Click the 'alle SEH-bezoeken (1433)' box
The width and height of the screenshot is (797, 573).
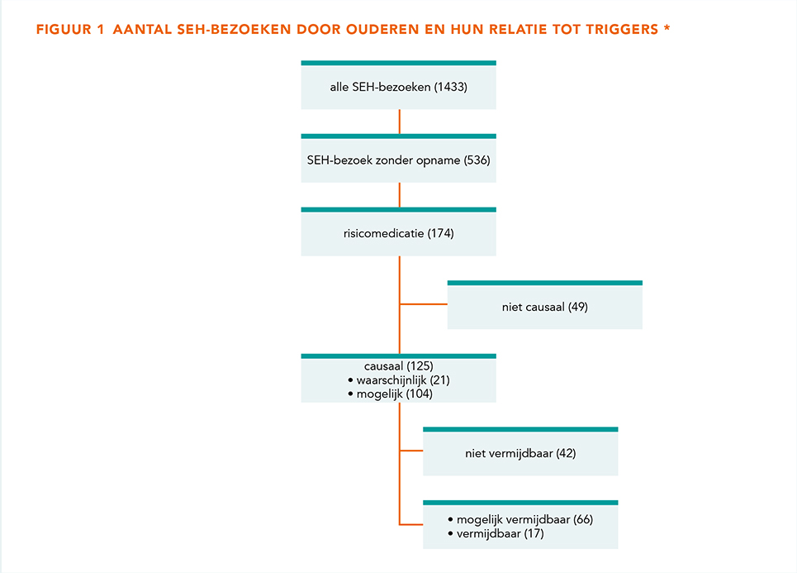[398, 85]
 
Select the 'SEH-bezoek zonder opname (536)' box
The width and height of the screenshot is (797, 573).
[398, 158]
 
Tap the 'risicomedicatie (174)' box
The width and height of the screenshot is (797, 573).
[398, 232]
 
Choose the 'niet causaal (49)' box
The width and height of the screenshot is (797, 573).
[545, 305]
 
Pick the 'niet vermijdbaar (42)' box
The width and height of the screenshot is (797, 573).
[520, 451]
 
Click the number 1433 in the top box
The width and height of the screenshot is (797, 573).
[450, 87]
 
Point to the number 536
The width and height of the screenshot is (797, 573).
[477, 160]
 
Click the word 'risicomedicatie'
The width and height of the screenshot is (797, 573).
[383, 233]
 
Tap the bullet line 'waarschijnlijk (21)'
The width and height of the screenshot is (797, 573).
[399, 380]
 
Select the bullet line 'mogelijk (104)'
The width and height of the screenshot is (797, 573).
[391, 394]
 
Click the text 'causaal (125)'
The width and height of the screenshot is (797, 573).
[398, 366]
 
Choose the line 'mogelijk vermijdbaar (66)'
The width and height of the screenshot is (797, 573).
[520, 519]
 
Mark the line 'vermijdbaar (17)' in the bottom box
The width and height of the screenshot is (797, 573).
[496, 534]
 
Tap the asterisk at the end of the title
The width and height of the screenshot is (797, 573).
[667, 27]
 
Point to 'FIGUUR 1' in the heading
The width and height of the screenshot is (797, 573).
[70, 30]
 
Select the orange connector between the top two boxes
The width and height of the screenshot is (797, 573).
[400, 122]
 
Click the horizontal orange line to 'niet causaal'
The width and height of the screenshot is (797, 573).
[424, 304]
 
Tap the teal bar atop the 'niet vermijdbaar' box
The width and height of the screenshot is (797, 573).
[520, 429]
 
